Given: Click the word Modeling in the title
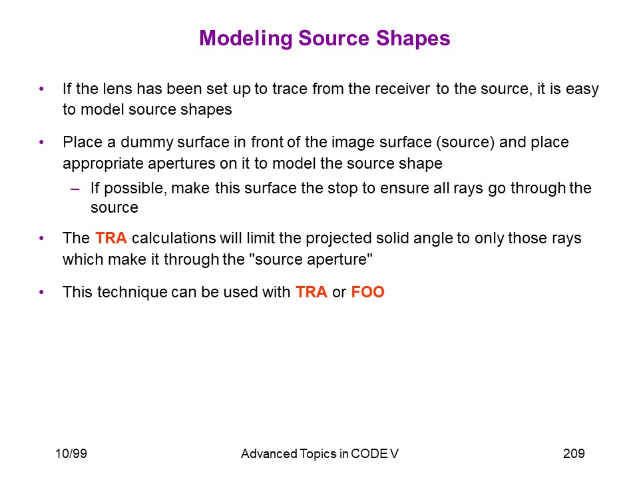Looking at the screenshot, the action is tap(246, 39).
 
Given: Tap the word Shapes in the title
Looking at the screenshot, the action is tap(413, 39).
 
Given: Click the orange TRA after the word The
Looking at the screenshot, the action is tap(111, 238).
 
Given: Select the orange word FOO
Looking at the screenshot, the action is tap(367, 292).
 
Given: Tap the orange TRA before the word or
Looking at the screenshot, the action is tap(312, 292).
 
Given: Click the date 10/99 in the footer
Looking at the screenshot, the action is tap(71, 453).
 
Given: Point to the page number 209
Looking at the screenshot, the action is tap(574, 453).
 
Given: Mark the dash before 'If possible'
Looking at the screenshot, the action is tap(75, 189).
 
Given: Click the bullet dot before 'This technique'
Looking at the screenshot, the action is tap(41, 292).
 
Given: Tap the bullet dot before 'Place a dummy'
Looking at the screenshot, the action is tap(41, 143).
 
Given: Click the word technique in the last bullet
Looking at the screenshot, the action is tap(132, 293).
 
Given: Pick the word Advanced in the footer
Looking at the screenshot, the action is tap(269, 453).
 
